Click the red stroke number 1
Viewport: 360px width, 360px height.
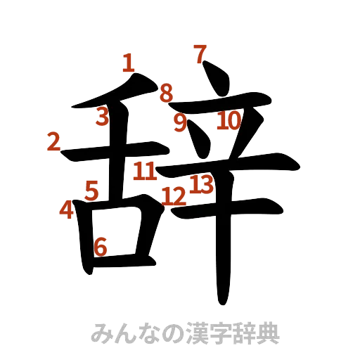128,63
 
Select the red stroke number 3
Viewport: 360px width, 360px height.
103,117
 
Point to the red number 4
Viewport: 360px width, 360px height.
66,209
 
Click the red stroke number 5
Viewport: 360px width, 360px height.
91,190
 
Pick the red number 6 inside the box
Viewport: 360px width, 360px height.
101,246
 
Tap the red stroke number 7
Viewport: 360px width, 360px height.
200,53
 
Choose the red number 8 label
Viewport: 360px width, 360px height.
166,93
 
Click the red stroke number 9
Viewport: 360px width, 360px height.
181,122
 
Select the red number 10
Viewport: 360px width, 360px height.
229,122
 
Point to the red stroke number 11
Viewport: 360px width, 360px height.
145,170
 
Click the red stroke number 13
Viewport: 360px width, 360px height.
201,185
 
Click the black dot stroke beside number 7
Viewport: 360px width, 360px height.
217,77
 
